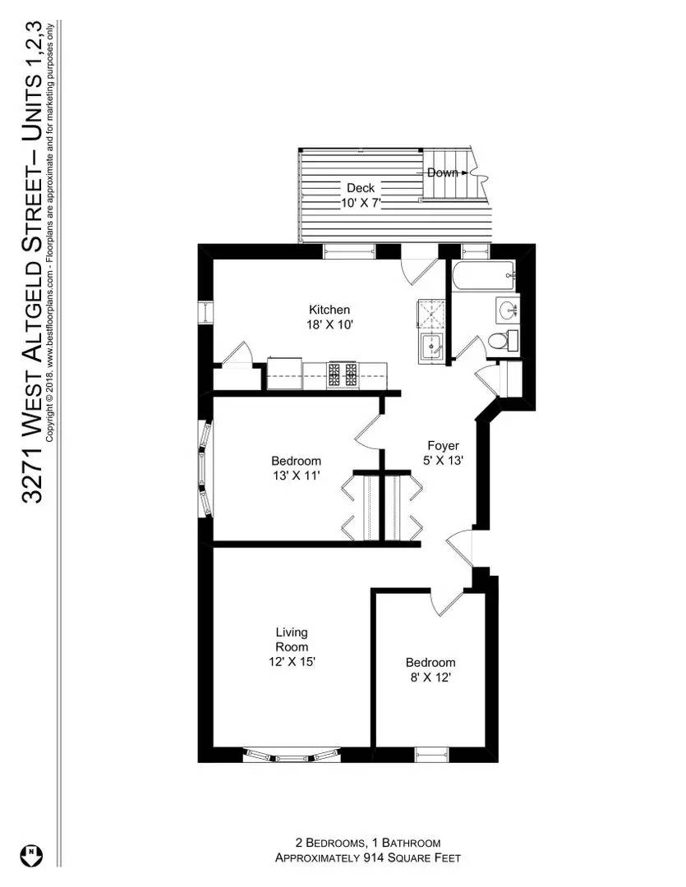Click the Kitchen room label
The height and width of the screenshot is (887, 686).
click(x=329, y=310)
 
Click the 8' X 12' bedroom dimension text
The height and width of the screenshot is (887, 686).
click(x=430, y=678)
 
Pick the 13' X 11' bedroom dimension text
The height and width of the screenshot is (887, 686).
click(x=296, y=476)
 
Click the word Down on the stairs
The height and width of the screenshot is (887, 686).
click(x=442, y=172)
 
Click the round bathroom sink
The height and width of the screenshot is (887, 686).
click(x=506, y=310)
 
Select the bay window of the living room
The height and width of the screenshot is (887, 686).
click(x=292, y=754)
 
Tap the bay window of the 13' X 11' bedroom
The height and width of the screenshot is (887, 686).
click(x=205, y=469)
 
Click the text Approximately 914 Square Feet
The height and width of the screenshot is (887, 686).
click(x=367, y=858)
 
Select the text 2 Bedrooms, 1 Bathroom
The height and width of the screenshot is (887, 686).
click(x=367, y=843)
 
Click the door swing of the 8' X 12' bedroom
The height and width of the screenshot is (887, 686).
click(x=444, y=604)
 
